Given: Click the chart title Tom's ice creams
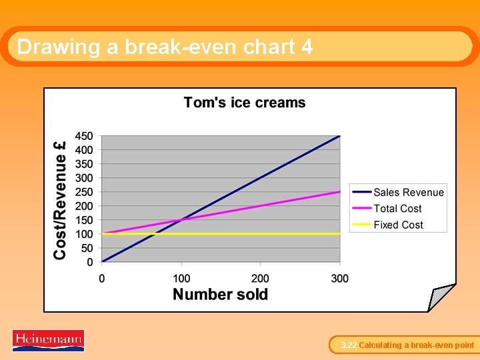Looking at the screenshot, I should pyautogui.click(x=245, y=103).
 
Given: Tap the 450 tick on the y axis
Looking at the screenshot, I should pyautogui.click(x=84, y=136).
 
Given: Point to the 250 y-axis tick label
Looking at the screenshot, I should pyautogui.click(x=84, y=192).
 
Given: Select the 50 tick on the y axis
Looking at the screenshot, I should pyautogui.click(x=87, y=248).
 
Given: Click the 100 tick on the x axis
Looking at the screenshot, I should pyautogui.click(x=181, y=278).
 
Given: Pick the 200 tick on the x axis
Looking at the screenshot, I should pyautogui.click(x=260, y=278).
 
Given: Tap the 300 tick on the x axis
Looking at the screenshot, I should pyautogui.click(x=339, y=278).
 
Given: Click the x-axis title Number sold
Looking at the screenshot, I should pyautogui.click(x=220, y=295).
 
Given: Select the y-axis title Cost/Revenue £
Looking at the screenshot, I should pyautogui.click(x=61, y=199).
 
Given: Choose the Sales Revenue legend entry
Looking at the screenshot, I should pyautogui.click(x=408, y=193).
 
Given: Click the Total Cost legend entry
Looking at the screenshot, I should pyautogui.click(x=397, y=209).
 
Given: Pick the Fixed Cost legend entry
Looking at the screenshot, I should pyautogui.click(x=398, y=225).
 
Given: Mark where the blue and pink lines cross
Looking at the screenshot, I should pyautogui.click(x=181, y=220).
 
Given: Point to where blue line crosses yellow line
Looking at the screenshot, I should pyautogui.click(x=155, y=234).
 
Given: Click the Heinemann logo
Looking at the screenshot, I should pyautogui.click(x=48, y=340).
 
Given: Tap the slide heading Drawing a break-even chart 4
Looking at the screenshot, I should pyautogui.click(x=165, y=47).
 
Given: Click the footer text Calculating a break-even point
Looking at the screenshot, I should pyautogui.click(x=416, y=345).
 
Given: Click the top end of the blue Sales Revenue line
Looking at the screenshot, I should pyautogui.click(x=339, y=136).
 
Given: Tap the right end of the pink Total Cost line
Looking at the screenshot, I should pyautogui.click(x=339, y=192).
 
